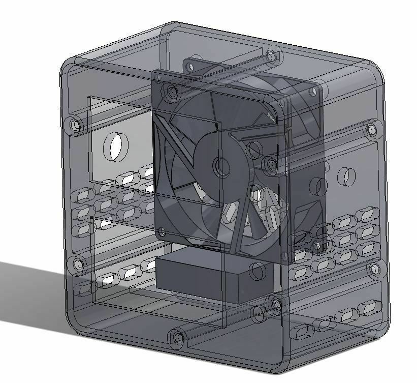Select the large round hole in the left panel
(x=116, y=147)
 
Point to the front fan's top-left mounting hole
(x=172, y=92)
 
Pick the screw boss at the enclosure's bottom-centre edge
(x=177, y=337)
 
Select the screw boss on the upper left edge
(x=76, y=124)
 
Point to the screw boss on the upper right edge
(x=373, y=129)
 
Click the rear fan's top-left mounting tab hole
(x=191, y=65)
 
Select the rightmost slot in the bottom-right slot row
(x=369, y=308)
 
